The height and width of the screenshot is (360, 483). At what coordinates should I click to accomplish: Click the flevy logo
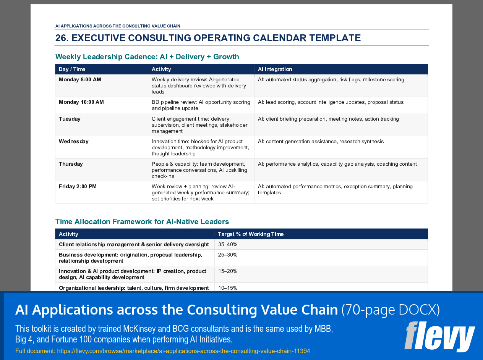(439, 337)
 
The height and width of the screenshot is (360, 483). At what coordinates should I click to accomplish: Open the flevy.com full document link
(183, 351)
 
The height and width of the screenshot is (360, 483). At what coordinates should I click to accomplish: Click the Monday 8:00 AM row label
(80, 79)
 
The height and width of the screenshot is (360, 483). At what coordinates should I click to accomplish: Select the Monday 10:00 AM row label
(81, 102)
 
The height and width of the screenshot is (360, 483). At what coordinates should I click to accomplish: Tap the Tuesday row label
(70, 119)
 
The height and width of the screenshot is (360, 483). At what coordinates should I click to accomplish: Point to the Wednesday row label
(74, 141)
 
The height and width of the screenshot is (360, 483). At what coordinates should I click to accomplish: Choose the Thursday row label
(71, 164)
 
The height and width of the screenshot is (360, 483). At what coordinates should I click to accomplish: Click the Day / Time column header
(72, 69)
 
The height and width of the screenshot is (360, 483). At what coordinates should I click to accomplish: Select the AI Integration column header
(275, 69)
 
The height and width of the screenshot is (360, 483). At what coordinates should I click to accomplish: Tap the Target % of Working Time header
(251, 234)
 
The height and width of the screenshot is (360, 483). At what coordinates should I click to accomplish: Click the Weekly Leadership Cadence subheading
(147, 57)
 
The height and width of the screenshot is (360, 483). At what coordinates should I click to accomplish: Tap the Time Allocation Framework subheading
(142, 222)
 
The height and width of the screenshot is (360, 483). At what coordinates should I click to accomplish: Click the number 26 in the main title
(61, 38)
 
